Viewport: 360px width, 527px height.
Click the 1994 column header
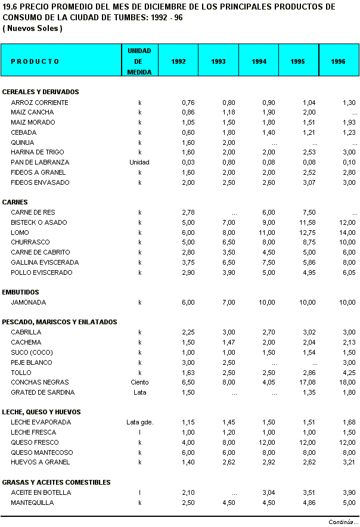(259, 61)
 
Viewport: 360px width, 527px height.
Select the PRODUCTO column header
(35, 61)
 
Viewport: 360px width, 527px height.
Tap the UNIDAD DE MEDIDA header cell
(139, 61)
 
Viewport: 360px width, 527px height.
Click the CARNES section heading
(15, 202)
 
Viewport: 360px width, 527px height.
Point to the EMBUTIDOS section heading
(21, 292)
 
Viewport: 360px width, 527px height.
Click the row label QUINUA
(23, 142)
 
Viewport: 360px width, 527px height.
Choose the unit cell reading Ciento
(139, 382)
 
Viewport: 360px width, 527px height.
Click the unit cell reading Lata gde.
(139, 422)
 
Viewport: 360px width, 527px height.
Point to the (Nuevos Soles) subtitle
(33, 28)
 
